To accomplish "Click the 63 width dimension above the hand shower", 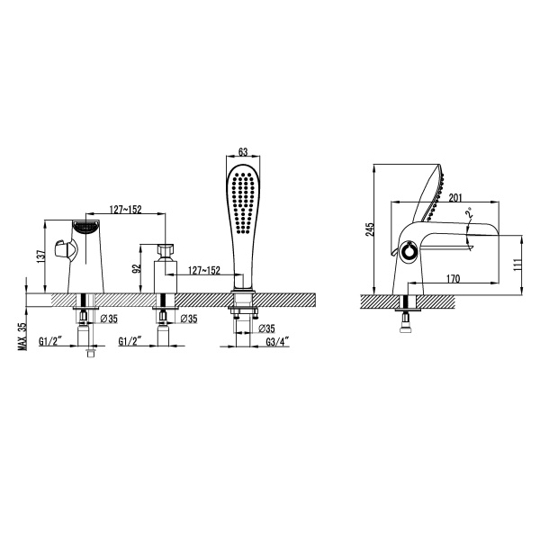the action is (243, 152).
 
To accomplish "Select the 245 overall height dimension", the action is (370, 229).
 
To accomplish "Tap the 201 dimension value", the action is (454, 198).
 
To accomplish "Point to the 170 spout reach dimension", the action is (454, 278).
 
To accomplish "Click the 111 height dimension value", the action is (517, 264).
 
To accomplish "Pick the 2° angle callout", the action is (469, 212).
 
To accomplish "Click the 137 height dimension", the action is (40, 256).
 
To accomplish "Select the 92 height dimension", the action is (137, 269).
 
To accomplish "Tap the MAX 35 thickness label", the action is (22, 337).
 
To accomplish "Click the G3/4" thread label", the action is (277, 342).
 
